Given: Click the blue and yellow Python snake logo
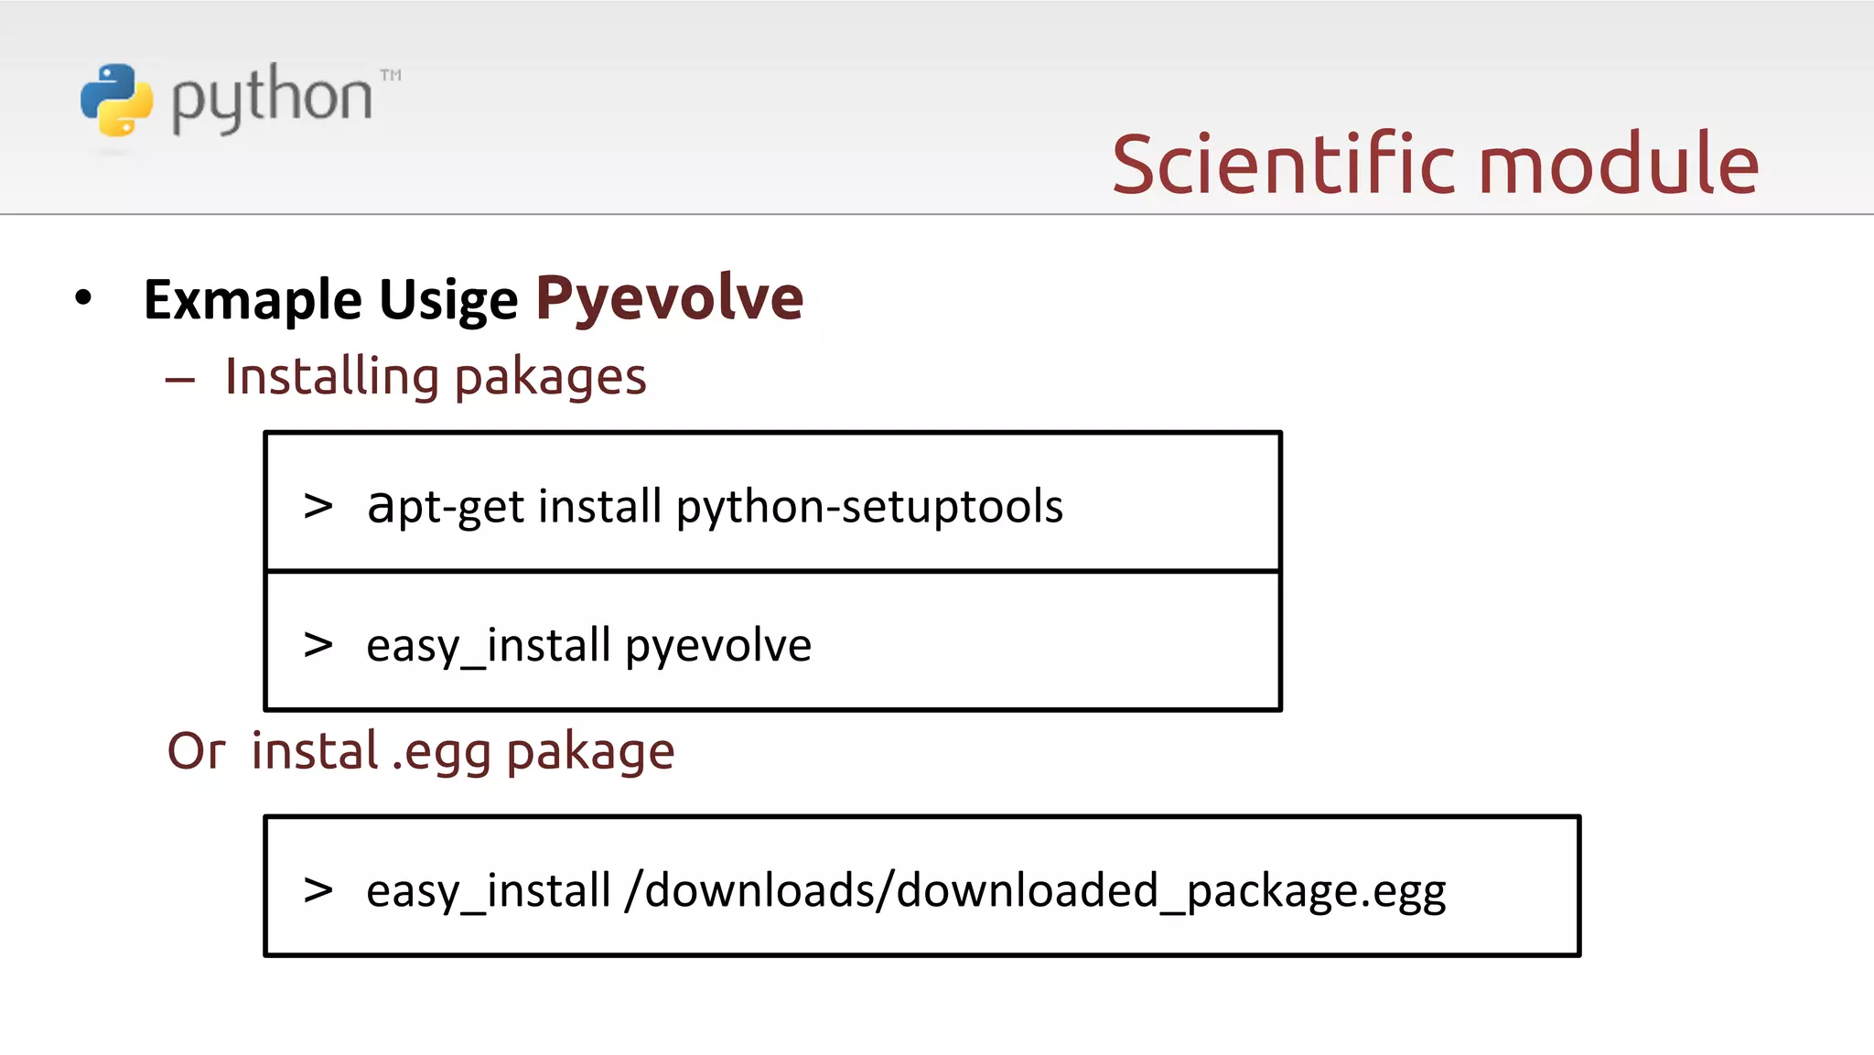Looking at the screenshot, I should click(x=116, y=100).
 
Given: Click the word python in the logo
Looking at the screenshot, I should click(x=272, y=98).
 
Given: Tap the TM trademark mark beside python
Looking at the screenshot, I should click(x=391, y=75).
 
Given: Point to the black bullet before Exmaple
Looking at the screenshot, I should click(x=83, y=297).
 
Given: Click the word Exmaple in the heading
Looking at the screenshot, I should click(x=253, y=300).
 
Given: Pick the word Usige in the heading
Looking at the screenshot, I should click(x=448, y=300).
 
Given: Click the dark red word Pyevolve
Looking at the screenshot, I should click(x=669, y=298).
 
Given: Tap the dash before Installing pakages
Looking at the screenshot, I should click(x=180, y=380).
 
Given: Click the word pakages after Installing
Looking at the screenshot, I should click(x=550, y=378).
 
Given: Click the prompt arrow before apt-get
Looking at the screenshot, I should click(x=318, y=505).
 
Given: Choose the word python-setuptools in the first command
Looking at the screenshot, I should click(x=869, y=507).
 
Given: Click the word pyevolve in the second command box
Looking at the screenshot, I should click(x=718, y=646).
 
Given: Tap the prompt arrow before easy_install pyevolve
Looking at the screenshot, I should click(x=318, y=644).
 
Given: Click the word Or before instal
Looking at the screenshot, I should click(x=196, y=751).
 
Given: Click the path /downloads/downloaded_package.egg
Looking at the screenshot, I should click(x=1035, y=890).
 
